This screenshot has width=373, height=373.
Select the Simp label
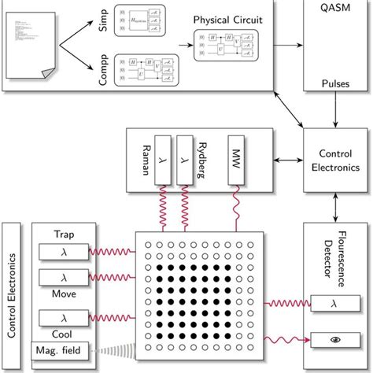tap(102, 22)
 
